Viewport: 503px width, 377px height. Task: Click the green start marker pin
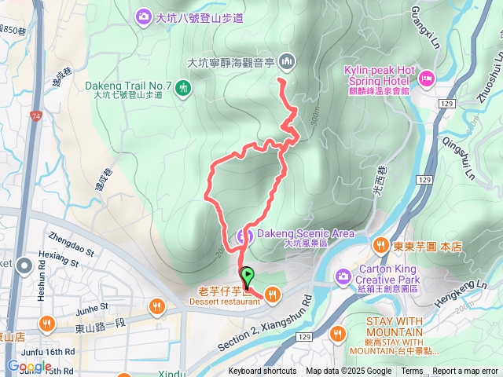click(x=248, y=276)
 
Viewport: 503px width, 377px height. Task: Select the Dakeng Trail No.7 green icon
click(x=183, y=87)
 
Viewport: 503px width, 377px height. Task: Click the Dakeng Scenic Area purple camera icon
click(x=244, y=234)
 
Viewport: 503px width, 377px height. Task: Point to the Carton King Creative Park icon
click(x=343, y=276)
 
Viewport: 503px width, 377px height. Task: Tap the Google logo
click(x=29, y=366)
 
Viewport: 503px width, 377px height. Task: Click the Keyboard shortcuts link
click(x=263, y=372)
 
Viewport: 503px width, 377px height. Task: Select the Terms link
click(x=412, y=372)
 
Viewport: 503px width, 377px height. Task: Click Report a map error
click(x=466, y=372)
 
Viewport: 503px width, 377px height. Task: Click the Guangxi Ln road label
click(x=424, y=24)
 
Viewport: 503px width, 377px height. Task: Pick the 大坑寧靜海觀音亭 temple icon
click(x=286, y=60)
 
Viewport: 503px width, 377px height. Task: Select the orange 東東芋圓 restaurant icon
click(x=380, y=245)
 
